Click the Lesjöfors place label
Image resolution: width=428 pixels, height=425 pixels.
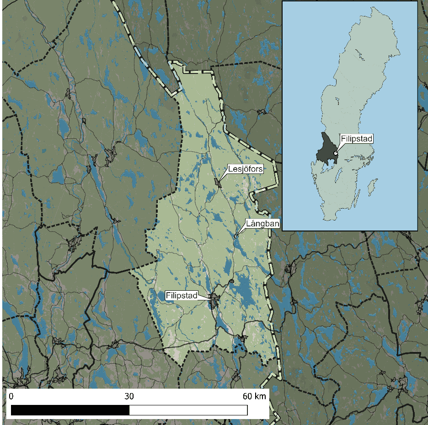coord(246,169)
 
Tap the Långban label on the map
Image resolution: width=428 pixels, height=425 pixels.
coord(262,223)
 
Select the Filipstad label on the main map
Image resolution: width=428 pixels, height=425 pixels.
coord(182,296)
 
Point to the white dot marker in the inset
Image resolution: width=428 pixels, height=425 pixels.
coord(336,153)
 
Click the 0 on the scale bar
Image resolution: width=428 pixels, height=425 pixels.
coord(11,396)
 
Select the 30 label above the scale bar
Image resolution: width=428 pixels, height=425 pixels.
coord(129,396)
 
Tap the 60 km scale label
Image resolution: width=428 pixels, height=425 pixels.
coord(254,396)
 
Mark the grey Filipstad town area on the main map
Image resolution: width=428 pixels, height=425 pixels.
coord(214,300)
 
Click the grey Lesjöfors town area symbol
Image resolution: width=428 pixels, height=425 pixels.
coord(218,183)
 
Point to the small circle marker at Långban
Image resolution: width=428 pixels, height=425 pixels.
coord(236,236)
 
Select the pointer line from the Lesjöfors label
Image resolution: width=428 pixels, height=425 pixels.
coord(224,178)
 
